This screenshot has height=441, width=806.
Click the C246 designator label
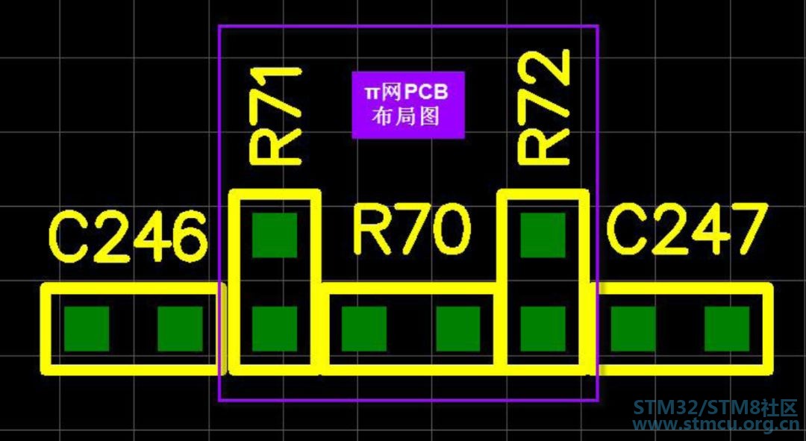click(x=127, y=237)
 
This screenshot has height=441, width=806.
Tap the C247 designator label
click(x=687, y=230)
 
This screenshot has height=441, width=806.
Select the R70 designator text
click(x=412, y=230)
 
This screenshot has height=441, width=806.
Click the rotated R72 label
click(x=544, y=107)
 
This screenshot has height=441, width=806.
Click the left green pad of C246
click(x=87, y=329)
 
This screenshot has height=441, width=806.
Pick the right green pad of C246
click(x=180, y=329)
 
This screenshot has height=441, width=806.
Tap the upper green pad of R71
click(x=275, y=235)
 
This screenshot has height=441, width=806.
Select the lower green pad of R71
click(x=275, y=329)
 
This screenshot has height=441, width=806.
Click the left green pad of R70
click(x=364, y=329)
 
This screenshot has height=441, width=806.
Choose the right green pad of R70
click(x=458, y=329)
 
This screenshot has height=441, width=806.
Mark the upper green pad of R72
click(x=543, y=235)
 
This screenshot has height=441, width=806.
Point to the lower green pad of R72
click(x=543, y=329)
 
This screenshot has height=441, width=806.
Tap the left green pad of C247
click(x=634, y=329)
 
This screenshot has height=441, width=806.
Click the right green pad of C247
click(x=727, y=329)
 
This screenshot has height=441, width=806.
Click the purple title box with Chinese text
click(x=408, y=105)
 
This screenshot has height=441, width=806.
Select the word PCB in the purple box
click(x=426, y=93)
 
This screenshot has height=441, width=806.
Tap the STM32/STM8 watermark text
click(x=714, y=408)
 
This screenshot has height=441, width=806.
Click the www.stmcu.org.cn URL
click(x=714, y=425)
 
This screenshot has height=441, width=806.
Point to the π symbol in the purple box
click(x=372, y=93)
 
